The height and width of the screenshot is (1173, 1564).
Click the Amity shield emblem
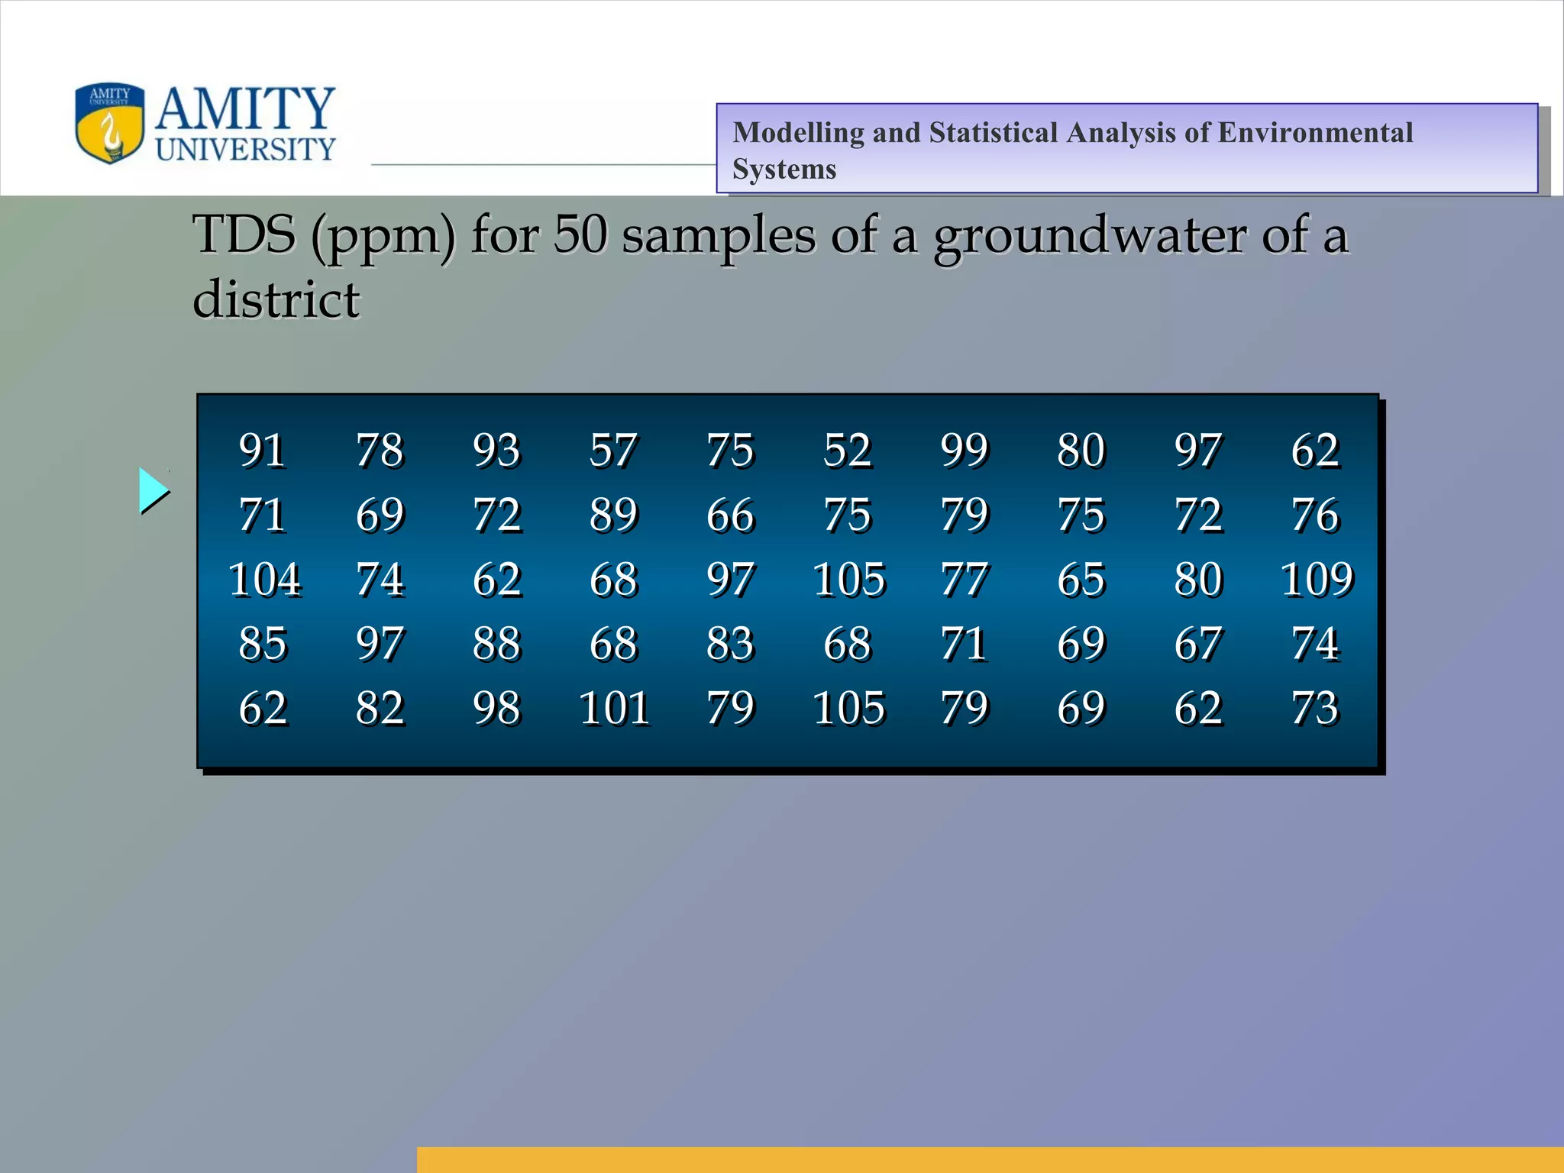pos(110,123)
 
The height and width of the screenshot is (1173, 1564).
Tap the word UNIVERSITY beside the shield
pos(245,150)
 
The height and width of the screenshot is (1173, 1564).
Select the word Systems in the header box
pos(784,169)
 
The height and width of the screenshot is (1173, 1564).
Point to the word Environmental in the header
pos(1314,133)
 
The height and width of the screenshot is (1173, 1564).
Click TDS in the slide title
pos(244,234)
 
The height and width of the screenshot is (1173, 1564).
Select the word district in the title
pos(276,299)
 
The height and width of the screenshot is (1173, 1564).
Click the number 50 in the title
pos(580,234)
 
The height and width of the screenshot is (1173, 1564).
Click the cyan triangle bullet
pos(153,490)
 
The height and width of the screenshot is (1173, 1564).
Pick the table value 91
pos(262,450)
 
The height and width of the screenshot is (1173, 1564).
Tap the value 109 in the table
pos(1317,579)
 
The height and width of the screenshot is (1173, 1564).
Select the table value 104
pos(264,579)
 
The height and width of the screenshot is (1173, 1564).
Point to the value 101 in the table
pos(615,708)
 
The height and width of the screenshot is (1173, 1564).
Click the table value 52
pos(848,450)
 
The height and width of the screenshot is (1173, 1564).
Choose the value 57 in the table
pos(612,450)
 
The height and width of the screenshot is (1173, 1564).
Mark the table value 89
pos(613,514)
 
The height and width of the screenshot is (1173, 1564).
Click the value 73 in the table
pos(1315,708)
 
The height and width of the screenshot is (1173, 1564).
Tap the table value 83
pos(730,643)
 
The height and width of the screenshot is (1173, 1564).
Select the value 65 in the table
pos(1081,579)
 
